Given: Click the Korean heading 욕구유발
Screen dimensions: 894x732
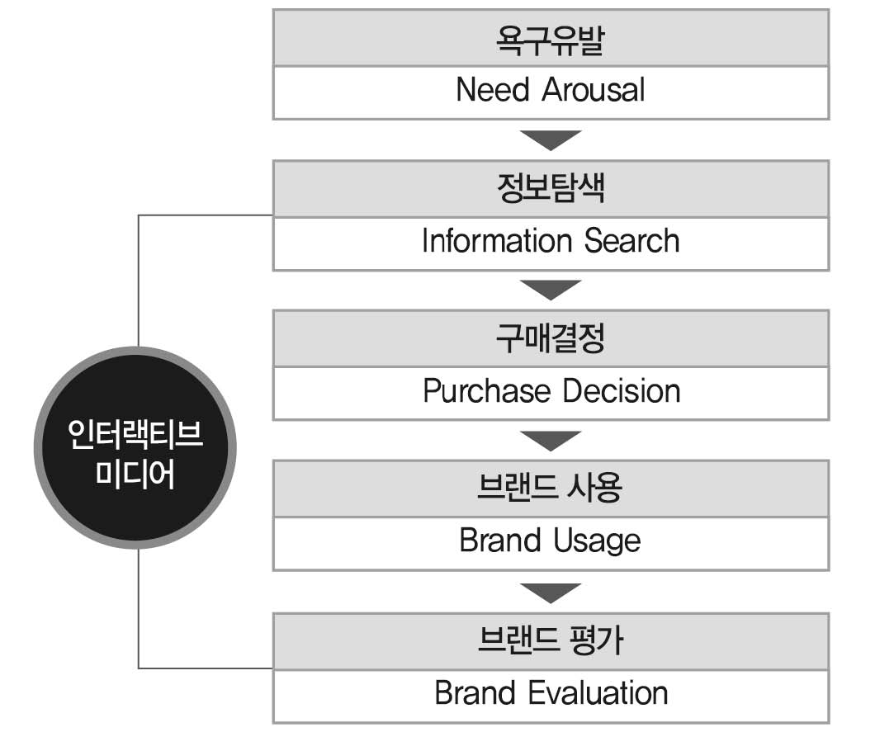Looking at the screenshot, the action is coord(551,40).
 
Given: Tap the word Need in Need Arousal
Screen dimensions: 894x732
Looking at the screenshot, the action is coord(493,90).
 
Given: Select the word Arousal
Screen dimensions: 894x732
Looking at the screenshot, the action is coord(594,90).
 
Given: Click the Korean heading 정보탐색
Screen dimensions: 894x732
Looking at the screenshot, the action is coord(551,188).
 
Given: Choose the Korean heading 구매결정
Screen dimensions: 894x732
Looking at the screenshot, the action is coord(551,338).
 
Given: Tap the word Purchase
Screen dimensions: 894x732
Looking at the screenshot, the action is coord(487,391).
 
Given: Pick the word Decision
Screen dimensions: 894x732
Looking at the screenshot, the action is coord(622,391).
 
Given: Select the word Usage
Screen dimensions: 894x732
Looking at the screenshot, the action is coord(597,541).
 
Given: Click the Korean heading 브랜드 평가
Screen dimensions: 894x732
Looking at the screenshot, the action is coord(551,640).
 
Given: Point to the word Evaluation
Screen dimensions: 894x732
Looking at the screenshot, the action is coord(598,693).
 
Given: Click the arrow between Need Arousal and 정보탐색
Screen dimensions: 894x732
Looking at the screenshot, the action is coord(551,139).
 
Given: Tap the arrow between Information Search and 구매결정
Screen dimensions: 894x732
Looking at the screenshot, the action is coord(551,290).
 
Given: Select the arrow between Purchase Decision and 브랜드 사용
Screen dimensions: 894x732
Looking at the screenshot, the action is coord(551,440).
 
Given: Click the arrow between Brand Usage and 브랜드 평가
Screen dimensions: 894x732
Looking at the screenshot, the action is coord(551,593).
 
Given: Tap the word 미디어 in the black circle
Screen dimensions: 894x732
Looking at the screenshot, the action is coord(135,474).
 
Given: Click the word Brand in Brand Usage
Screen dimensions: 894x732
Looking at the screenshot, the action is coord(500,541).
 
